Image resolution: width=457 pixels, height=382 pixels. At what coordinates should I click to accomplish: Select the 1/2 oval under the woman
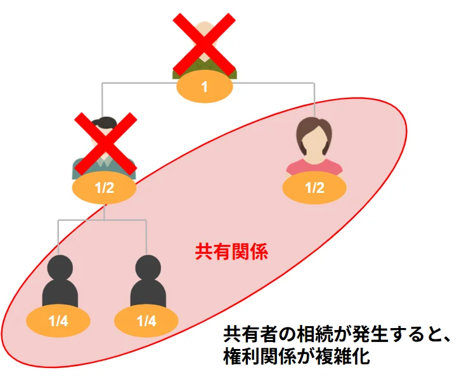click(x=314, y=188)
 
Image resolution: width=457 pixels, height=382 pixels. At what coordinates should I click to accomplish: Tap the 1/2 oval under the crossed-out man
click(x=104, y=188)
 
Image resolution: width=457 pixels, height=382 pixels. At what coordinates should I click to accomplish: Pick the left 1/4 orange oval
click(x=58, y=321)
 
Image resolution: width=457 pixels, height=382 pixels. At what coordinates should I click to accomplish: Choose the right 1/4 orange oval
click(x=146, y=321)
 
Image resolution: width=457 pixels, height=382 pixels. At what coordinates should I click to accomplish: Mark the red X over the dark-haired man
click(x=105, y=144)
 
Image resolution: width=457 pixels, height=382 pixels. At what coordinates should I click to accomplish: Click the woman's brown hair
click(x=315, y=124)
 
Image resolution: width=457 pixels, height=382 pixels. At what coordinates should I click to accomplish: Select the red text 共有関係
click(x=231, y=252)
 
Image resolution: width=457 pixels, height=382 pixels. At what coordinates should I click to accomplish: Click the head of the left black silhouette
click(x=60, y=267)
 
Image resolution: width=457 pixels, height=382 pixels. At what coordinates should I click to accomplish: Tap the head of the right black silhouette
click(x=147, y=267)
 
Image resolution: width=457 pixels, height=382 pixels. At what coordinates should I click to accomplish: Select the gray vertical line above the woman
click(x=315, y=98)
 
